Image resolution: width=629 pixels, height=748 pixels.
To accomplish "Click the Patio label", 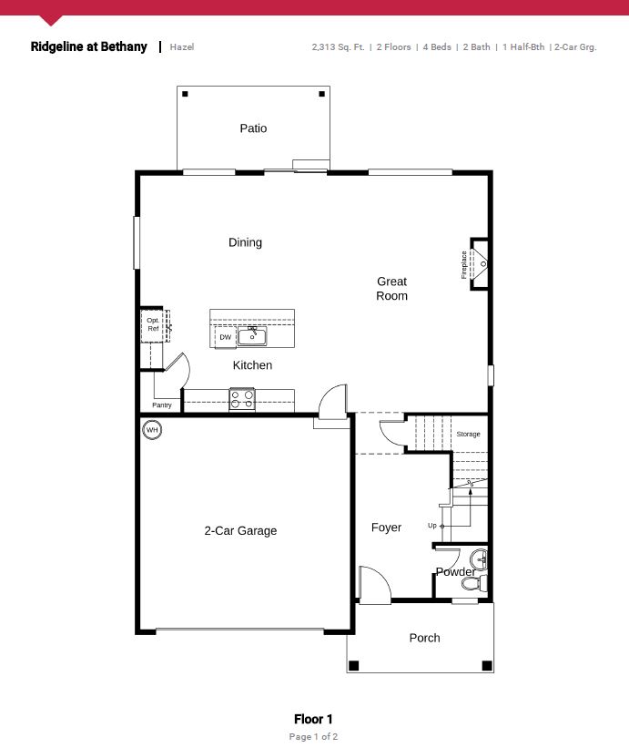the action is (x=253, y=128).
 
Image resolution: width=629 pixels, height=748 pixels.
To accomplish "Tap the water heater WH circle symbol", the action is (x=152, y=430).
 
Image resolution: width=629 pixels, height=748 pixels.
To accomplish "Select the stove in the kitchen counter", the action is (x=242, y=400).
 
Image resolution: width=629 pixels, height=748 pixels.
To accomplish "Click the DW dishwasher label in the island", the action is (x=226, y=337).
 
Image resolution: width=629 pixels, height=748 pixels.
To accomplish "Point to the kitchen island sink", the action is (x=252, y=336).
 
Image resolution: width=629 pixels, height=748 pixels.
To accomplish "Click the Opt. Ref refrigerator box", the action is (x=154, y=325).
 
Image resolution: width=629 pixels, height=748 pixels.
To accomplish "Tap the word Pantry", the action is (x=161, y=405).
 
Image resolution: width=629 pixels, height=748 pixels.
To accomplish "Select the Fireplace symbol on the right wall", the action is (x=479, y=264).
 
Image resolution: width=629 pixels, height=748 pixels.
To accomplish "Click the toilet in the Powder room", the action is (x=474, y=583).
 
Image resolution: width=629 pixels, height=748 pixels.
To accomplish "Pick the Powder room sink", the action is (x=479, y=559).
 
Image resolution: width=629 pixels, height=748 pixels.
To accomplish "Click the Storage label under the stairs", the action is (x=468, y=434).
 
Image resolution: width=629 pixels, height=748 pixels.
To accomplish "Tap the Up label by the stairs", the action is (x=432, y=525).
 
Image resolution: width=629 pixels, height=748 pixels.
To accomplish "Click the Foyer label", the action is (x=386, y=528).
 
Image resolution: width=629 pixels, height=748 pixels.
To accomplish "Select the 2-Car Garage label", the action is (x=240, y=530).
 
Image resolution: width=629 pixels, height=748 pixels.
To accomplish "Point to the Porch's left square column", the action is (x=353, y=665).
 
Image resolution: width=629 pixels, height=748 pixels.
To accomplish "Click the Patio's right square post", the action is (x=322, y=94).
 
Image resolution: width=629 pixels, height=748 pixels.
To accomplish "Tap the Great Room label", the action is (x=391, y=289).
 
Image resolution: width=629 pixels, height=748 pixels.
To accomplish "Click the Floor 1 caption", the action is (x=313, y=719).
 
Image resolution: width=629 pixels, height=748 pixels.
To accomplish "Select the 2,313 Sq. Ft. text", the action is (x=338, y=46).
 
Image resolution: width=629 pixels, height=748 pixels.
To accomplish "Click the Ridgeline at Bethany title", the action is (x=88, y=46).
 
